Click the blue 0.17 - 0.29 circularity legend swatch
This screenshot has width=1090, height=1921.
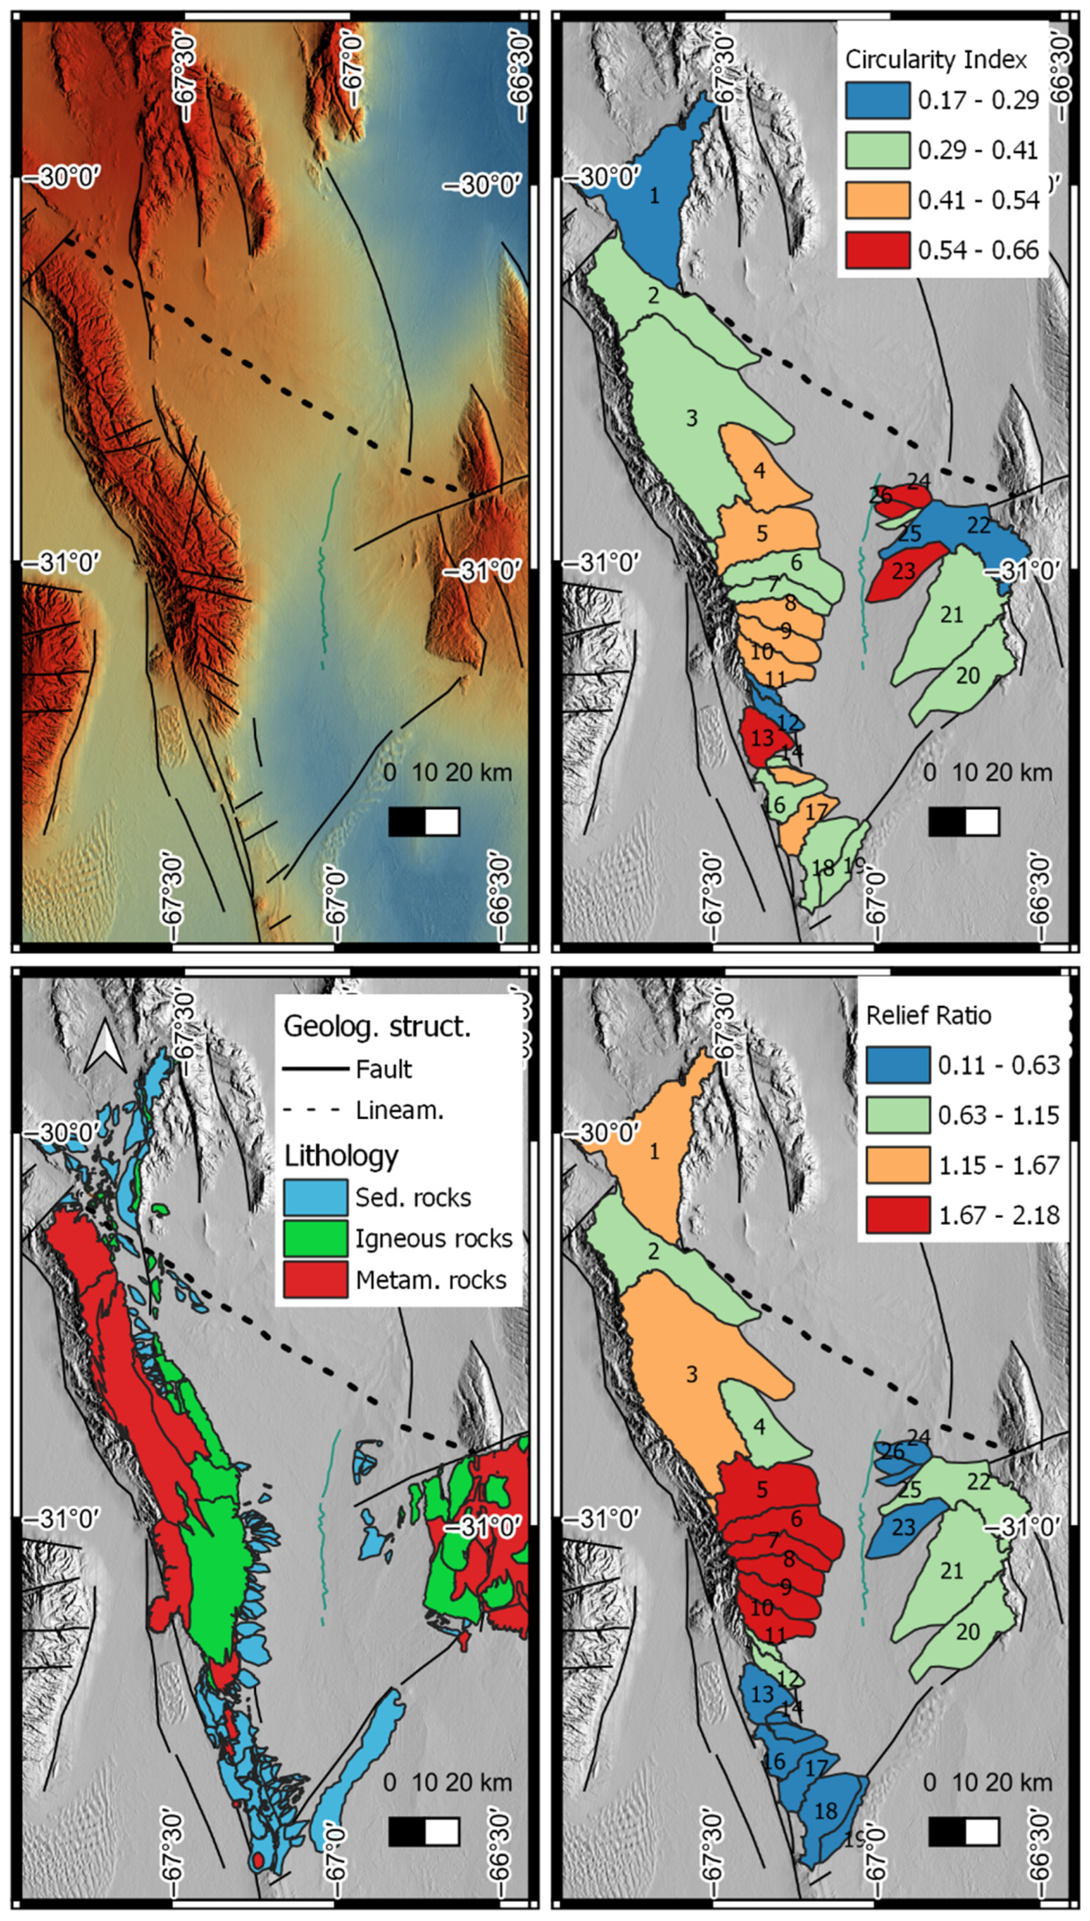(x=877, y=99)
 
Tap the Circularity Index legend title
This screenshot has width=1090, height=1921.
(x=936, y=59)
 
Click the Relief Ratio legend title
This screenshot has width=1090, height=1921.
(x=929, y=1016)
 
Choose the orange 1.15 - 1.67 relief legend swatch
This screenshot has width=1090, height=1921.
(x=898, y=1165)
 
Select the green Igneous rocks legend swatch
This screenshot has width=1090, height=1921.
(x=315, y=1239)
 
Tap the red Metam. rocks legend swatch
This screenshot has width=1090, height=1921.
(x=315, y=1280)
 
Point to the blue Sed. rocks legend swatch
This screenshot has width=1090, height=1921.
(x=315, y=1197)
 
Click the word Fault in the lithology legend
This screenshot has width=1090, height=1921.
(x=383, y=1069)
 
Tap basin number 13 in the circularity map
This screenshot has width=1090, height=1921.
(x=761, y=738)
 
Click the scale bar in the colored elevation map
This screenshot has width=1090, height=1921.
(x=423, y=822)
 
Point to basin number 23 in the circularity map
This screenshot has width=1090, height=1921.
(x=903, y=571)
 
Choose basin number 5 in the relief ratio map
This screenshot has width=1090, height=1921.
(x=761, y=1488)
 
